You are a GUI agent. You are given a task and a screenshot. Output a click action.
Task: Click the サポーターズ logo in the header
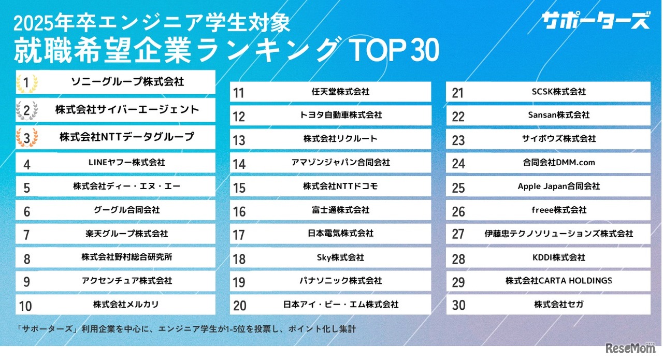(x=595, y=22)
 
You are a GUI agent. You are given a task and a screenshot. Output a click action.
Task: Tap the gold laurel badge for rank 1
(x=27, y=82)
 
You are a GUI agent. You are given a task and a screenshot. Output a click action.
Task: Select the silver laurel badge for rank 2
(x=27, y=110)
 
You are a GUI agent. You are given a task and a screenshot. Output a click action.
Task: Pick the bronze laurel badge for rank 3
(x=27, y=137)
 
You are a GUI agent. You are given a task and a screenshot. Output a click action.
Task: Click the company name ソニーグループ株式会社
(x=127, y=81)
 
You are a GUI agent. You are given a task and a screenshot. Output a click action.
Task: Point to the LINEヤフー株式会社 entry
(x=127, y=162)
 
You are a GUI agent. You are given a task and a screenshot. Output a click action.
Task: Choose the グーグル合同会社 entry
(x=127, y=210)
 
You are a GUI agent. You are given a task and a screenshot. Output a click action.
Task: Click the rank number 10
(x=25, y=306)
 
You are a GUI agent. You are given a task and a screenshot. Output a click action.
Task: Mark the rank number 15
(x=239, y=187)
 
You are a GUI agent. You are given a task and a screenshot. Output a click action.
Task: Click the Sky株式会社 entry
(x=340, y=257)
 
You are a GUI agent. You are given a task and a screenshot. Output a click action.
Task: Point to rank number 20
(x=240, y=306)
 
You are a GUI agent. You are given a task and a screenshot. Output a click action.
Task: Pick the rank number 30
(x=459, y=306)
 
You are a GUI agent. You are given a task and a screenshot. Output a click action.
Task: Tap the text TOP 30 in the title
(x=394, y=50)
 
